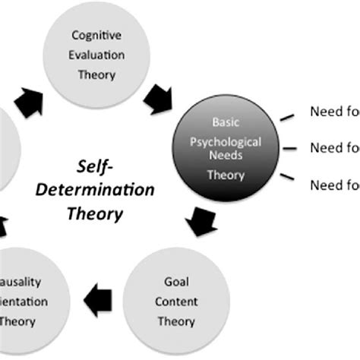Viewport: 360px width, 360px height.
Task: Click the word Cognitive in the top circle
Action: (99, 34)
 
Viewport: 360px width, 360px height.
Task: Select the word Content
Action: (176, 301)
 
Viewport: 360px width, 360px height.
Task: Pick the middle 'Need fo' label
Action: (333, 147)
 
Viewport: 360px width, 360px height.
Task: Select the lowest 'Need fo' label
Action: (333, 184)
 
